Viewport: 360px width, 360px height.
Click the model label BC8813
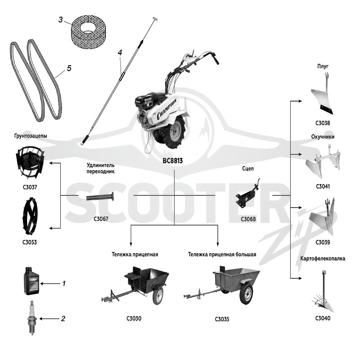(173, 161)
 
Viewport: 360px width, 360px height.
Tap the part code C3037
(30, 187)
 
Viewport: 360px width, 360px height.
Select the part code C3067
(101, 219)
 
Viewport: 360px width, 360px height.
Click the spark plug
(31, 318)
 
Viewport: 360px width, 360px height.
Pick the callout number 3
(60, 20)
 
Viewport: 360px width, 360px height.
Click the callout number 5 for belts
(69, 68)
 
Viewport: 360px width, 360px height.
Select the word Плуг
(323, 66)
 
